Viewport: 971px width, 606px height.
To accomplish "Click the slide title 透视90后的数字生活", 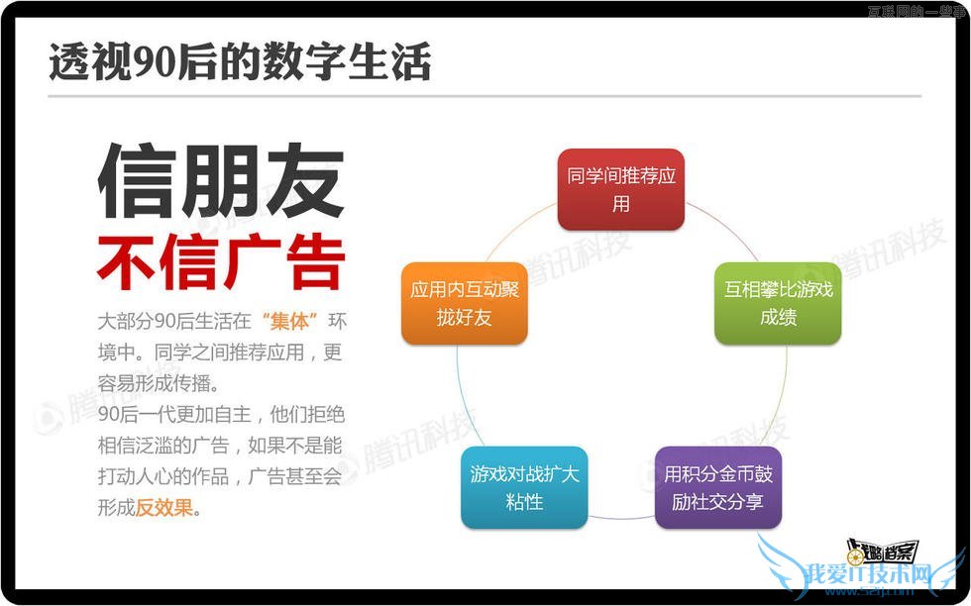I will pos(240,61).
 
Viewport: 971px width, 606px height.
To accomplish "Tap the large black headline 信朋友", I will pos(221,182).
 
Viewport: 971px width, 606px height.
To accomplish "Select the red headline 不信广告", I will pos(221,261).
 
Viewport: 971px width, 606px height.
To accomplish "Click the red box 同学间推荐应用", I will pos(620,189).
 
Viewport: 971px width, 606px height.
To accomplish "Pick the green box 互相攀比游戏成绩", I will pos(778,303).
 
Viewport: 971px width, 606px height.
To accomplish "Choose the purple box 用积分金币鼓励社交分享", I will pos(718,487).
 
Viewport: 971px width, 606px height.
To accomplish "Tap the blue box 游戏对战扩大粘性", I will pos(524,487).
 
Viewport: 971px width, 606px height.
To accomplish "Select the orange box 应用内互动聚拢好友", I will pos(465,303).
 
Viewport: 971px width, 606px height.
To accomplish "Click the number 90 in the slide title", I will pos(152,62).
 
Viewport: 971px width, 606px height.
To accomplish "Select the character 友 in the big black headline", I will pos(304,182).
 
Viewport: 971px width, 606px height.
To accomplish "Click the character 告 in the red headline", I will pos(314,261).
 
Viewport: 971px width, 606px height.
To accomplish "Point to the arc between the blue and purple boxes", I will pos(621,517).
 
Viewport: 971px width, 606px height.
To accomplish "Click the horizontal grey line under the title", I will pos(485,96).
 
